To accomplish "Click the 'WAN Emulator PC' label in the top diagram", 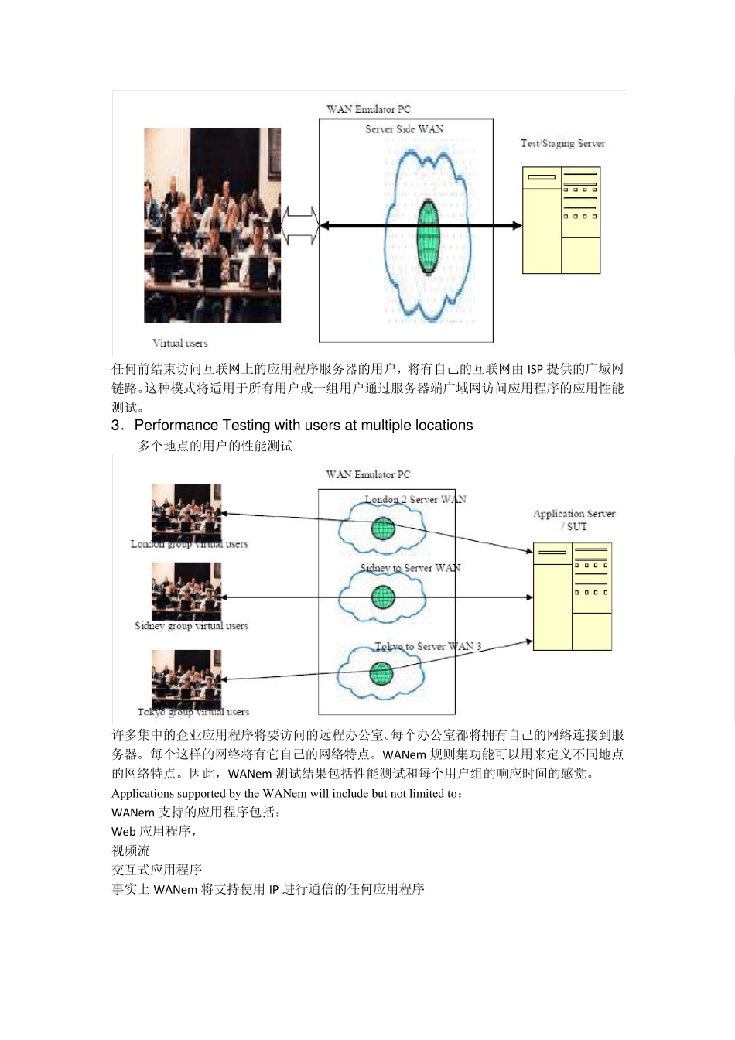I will point(368,109).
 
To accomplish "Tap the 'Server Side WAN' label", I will point(405,129).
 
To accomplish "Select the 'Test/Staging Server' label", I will point(562,143).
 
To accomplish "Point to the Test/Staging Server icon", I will point(561,221).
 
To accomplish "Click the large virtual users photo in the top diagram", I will point(212,225).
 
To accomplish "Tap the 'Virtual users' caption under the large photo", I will point(179,343).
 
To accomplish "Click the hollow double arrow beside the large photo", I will point(300,225).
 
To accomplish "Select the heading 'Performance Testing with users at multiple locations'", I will point(303,426).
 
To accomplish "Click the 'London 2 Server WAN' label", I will point(415,499).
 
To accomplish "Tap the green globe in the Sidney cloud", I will point(383,597).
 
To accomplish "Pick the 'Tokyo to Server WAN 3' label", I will point(428,646).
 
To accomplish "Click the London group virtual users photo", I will point(186,512).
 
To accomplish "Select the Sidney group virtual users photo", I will point(186,591).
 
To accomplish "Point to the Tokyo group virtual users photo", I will point(186,678).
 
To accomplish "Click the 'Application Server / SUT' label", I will point(574,520).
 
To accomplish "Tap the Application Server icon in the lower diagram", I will point(573,597).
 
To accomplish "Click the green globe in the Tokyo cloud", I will point(381,673).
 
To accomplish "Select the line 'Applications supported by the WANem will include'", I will point(287,793).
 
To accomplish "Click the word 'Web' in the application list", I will point(124,832).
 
